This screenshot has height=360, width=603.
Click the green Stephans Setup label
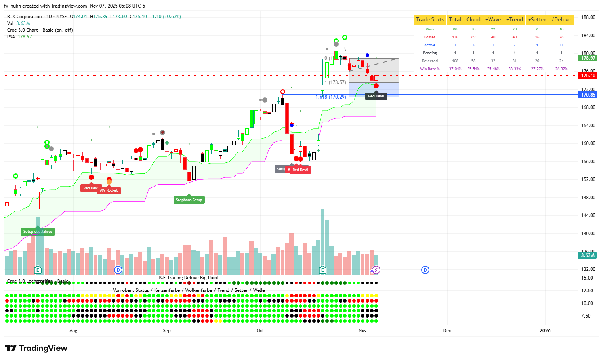click(x=189, y=200)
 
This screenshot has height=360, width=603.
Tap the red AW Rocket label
click(x=109, y=190)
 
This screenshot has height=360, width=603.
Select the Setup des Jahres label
click(x=38, y=232)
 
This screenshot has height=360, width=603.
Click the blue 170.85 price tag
click(x=588, y=95)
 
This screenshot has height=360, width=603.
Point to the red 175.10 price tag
click(x=588, y=76)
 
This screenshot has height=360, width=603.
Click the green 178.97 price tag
click(x=588, y=58)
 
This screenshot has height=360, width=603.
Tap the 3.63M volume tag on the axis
click(x=588, y=255)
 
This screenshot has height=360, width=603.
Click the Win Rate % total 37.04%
click(x=455, y=69)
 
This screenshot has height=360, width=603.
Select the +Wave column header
click(x=493, y=20)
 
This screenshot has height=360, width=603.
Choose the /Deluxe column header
click(x=561, y=20)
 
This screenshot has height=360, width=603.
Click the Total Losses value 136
click(x=455, y=37)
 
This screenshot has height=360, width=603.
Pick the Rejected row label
click(x=430, y=61)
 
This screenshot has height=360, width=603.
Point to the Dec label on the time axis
click(x=447, y=331)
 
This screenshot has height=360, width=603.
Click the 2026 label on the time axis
click(x=545, y=331)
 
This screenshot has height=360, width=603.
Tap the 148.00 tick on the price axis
click(x=588, y=198)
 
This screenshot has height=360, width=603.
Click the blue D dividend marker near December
click(x=425, y=270)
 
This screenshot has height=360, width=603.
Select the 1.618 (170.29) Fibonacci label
click(x=331, y=97)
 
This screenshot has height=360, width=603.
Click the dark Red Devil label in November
click(x=376, y=96)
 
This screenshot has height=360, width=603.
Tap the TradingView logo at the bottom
click(x=36, y=348)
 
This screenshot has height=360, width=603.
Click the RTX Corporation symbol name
click(x=25, y=17)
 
